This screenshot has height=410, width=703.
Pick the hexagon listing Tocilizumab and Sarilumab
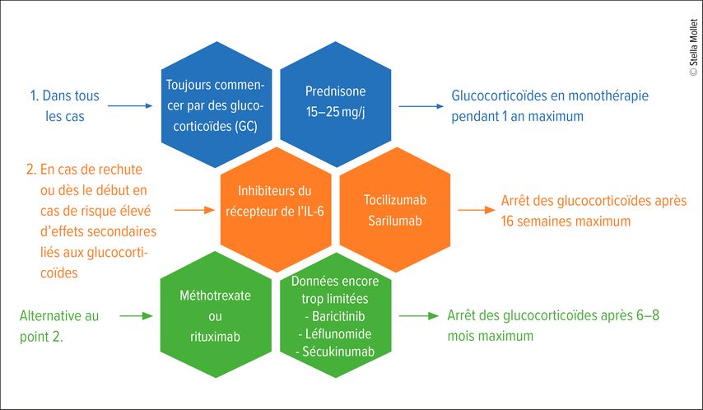[x=395, y=209]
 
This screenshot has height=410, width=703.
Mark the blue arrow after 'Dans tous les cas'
[x=130, y=106]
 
